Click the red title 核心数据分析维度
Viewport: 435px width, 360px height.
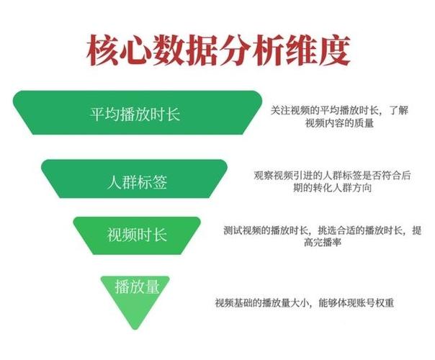click(218, 50)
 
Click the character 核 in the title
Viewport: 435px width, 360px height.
click(102, 50)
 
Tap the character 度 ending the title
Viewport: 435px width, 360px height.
click(335, 50)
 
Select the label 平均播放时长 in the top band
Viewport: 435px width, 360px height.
click(135, 114)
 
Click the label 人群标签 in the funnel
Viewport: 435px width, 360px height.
click(137, 182)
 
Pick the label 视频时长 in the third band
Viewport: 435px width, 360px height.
click(137, 235)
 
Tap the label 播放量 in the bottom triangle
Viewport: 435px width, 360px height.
click(138, 286)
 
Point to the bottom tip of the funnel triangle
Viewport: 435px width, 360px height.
click(135, 329)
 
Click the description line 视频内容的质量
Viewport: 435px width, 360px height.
click(339, 123)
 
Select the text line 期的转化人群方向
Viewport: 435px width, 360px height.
click(332, 188)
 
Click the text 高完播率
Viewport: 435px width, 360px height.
click(323, 243)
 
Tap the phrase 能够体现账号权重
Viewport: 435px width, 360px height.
click(356, 302)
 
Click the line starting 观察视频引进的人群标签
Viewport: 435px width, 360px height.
click(332, 176)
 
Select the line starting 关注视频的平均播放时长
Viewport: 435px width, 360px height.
click(339, 110)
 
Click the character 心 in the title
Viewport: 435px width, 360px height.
click(135, 50)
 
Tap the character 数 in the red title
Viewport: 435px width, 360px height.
click(169, 50)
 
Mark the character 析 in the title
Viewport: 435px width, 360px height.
click(268, 50)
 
